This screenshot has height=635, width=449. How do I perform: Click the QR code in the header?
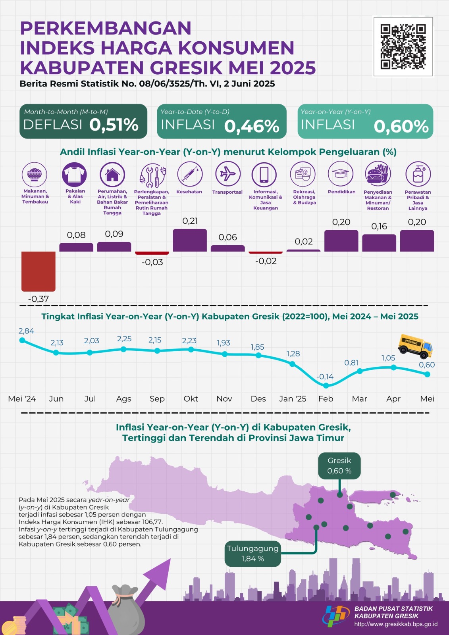click(x=403, y=47)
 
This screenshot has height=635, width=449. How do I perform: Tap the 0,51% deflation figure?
click(x=114, y=125)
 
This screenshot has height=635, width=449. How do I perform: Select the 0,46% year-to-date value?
click(x=252, y=126)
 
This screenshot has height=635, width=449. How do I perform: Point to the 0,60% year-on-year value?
click(x=401, y=126)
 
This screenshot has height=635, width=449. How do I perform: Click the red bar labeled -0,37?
click(x=39, y=271)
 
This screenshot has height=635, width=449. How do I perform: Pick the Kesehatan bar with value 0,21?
click(x=190, y=240)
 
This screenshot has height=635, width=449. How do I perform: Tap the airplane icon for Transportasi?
click(x=228, y=174)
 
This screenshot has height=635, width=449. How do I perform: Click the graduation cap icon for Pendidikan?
click(x=341, y=174)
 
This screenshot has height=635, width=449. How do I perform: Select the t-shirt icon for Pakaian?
click(x=74, y=174)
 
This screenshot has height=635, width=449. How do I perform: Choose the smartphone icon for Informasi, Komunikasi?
click(x=264, y=174)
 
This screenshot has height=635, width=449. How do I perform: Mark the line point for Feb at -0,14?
click(x=326, y=385)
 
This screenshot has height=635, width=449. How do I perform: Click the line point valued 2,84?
click(x=22, y=340)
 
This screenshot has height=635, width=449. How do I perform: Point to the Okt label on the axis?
click(x=191, y=398)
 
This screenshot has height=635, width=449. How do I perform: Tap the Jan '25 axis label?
click(x=293, y=398)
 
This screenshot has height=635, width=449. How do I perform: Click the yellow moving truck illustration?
click(x=415, y=346)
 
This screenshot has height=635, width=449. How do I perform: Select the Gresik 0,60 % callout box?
click(x=339, y=466)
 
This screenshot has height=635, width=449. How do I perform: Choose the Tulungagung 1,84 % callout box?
click(x=253, y=553)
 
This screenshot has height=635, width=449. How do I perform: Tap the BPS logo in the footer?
click(x=336, y=616)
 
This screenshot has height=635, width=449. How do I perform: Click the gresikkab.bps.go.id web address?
click(x=396, y=624)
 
